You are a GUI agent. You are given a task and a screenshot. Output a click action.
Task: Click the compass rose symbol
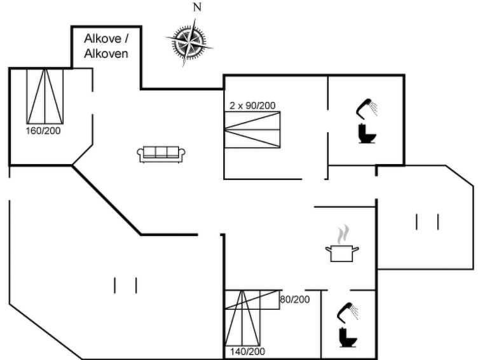point(189,43)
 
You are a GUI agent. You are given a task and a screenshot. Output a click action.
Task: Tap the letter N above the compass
point(197,7)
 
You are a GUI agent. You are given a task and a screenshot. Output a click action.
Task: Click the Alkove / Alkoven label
point(106,46)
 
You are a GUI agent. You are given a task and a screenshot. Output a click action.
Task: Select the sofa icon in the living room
point(161,154)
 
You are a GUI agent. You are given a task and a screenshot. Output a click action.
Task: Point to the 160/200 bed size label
point(43,131)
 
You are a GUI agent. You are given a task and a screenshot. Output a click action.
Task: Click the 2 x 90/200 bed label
point(252,106)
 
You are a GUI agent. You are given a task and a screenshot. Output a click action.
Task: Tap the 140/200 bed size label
point(247,352)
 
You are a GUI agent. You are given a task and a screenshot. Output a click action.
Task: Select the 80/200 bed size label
point(295,300)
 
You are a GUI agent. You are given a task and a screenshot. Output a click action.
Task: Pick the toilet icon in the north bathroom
point(367,134)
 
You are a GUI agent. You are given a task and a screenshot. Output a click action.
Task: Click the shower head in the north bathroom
point(366,108)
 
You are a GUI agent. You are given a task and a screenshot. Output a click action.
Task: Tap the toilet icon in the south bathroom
point(348,337)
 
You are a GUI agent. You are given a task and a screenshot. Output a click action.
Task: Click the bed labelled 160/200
point(45,96)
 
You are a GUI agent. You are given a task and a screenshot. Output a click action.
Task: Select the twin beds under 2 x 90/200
point(252,130)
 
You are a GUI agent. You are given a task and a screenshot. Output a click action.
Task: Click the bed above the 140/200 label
point(242,318)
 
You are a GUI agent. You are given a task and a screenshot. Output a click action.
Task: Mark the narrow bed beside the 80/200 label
point(252,300)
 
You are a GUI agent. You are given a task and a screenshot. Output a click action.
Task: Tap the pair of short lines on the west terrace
point(125,285)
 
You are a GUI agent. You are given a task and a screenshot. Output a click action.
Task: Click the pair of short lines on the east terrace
point(427,222)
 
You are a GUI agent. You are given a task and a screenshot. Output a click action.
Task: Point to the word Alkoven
point(106,53)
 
